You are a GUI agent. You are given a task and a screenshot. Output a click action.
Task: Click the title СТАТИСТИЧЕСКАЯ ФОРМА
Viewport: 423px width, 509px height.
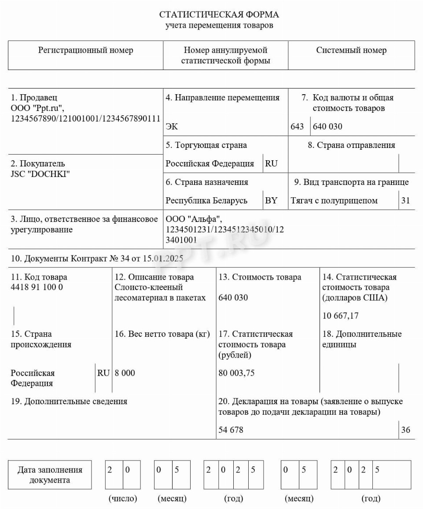pos(219,15)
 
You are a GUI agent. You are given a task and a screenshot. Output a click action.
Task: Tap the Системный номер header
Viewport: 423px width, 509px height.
pos(351,50)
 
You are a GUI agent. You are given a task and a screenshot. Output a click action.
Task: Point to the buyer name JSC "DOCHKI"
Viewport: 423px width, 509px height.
pos(40,174)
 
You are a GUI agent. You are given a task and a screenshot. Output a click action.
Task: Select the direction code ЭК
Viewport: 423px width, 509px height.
pos(172,127)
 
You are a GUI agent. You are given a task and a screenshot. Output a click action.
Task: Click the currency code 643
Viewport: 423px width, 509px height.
pos(298,127)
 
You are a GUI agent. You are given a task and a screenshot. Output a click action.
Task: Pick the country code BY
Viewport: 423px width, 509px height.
pos(271,201)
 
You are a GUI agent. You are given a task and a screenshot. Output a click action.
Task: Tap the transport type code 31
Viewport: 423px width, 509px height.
pos(405,201)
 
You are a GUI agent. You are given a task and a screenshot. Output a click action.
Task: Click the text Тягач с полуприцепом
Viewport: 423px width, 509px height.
pos(334,201)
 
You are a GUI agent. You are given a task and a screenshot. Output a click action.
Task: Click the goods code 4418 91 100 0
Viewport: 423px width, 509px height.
pos(37,288)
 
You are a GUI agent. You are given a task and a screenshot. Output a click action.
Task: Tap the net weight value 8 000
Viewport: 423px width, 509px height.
pos(125,373)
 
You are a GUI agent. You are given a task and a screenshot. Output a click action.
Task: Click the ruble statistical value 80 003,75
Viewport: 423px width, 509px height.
pos(236,373)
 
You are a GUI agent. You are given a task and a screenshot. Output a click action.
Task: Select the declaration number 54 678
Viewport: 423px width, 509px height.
pos(231,430)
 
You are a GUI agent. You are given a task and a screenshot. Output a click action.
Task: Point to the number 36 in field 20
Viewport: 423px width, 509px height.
pos(405,430)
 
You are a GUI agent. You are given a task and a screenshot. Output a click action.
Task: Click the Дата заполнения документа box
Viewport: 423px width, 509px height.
pos(50,475)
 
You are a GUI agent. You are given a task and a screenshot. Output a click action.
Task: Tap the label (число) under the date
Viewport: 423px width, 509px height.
pos(123,498)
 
